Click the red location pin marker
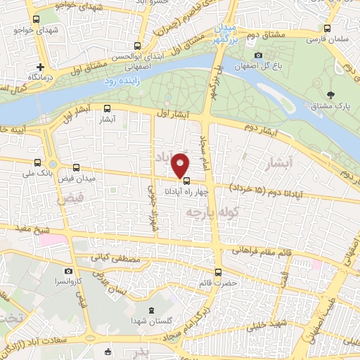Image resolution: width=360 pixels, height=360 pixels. pyautogui.click(x=181, y=165)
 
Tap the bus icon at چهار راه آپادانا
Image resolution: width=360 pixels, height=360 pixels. pyautogui.click(x=186, y=179)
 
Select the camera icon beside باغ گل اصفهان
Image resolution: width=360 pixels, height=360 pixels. pyautogui.click(x=258, y=56)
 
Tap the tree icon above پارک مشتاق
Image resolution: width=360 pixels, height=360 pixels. pyautogui.click(x=331, y=95)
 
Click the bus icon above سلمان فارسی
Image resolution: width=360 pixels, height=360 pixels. pyautogui.click(x=327, y=29)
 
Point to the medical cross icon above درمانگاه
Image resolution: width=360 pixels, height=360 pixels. pyautogui.click(x=40, y=65)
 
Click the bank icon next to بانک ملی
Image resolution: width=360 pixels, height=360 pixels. pyautogui.click(x=53, y=165)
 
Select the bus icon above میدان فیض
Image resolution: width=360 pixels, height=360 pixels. pyautogui.click(x=75, y=169)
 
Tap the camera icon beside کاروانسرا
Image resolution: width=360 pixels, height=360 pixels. pyautogui.click(x=67, y=271)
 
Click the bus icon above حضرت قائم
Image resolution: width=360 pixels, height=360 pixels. pyautogui.click(x=217, y=272)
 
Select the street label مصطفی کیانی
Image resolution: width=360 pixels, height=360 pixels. pyautogui.click(x=116, y=259)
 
